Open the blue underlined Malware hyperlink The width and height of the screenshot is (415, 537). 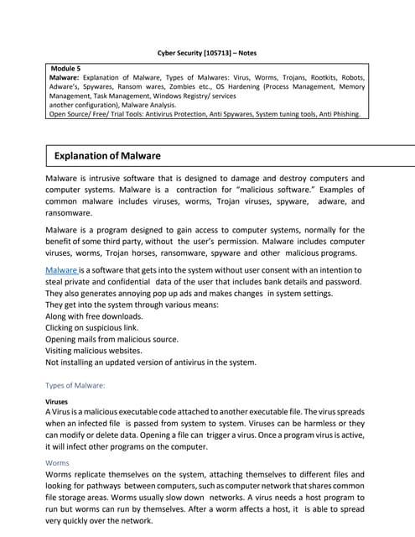(x=63, y=270)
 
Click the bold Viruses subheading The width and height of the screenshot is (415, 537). (x=57, y=402)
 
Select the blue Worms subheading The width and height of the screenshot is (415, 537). (x=59, y=461)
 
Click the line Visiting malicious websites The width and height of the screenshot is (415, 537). (x=94, y=351)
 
